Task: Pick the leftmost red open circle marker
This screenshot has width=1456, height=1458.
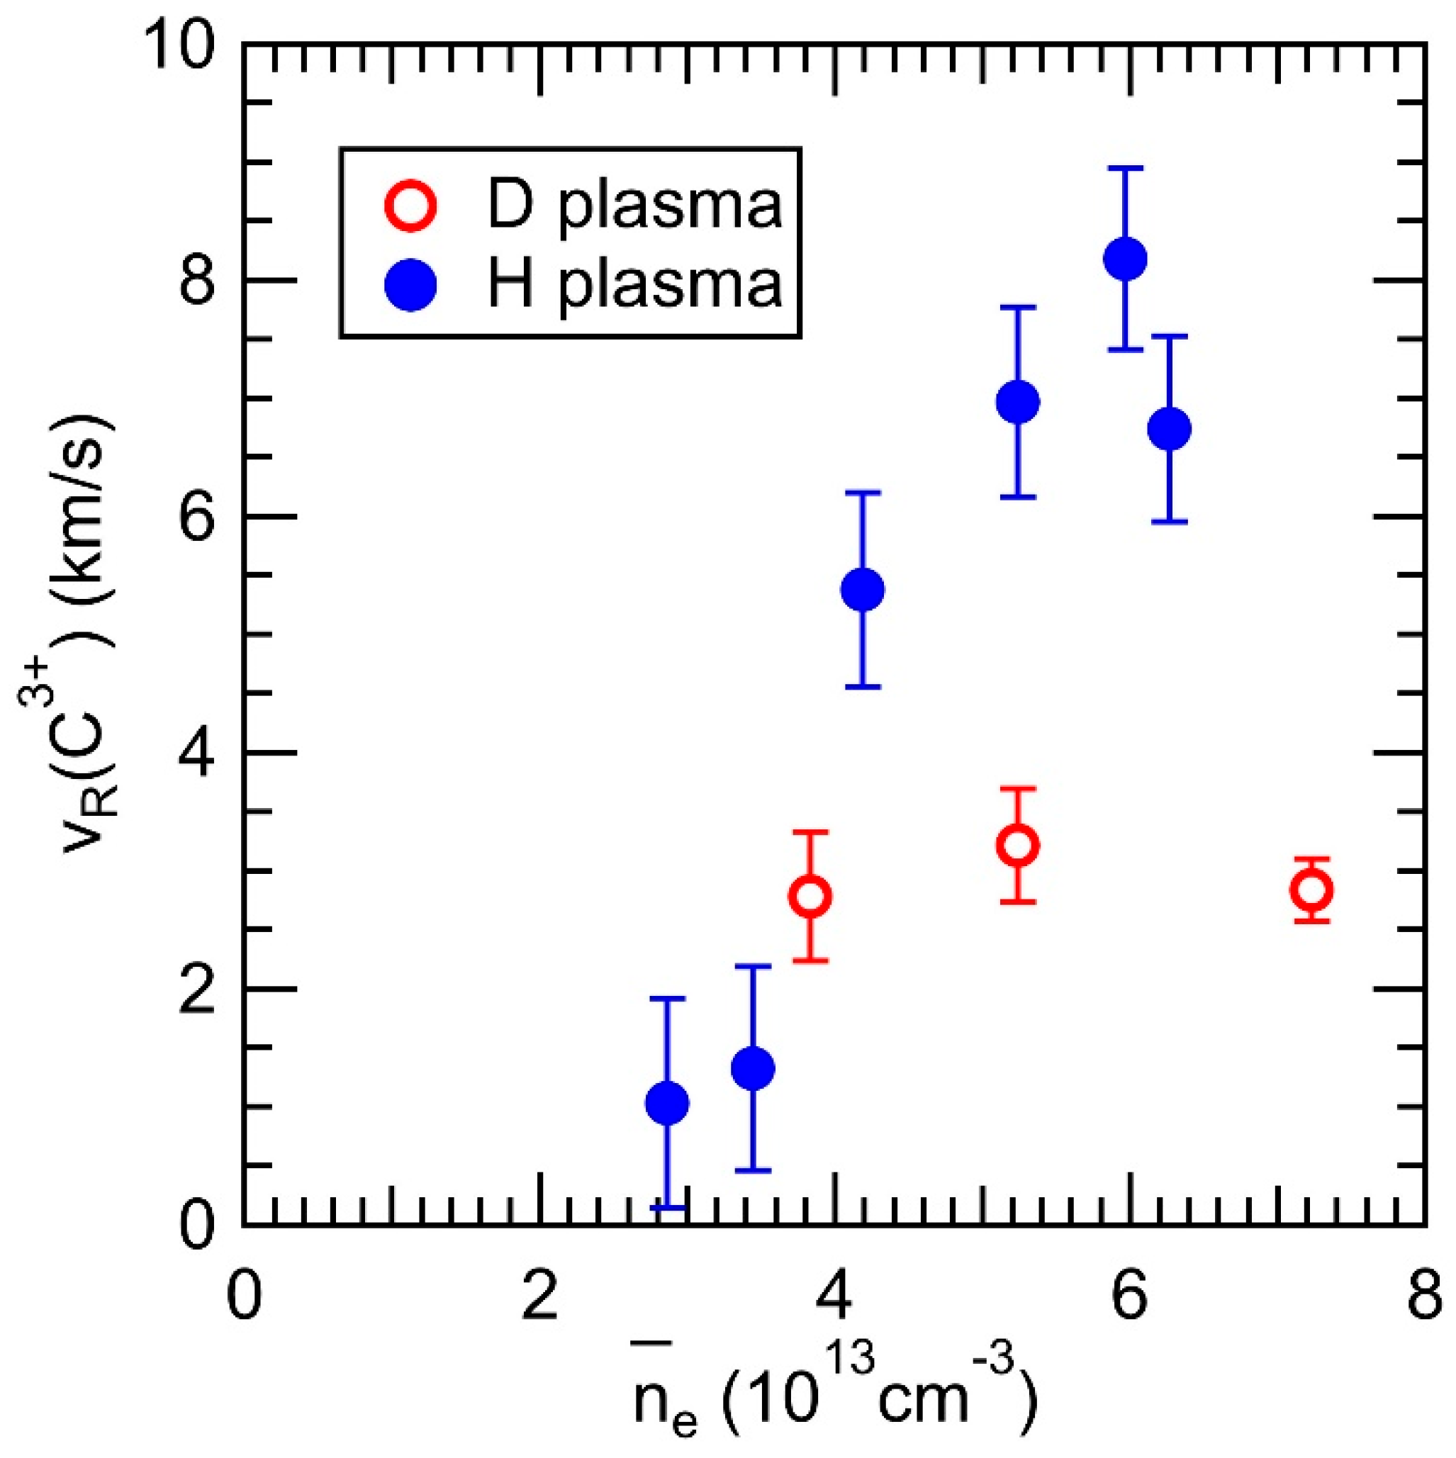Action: (809, 897)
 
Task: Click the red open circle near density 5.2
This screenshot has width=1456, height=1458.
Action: (1017, 845)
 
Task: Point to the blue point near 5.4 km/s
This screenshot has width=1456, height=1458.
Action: (862, 590)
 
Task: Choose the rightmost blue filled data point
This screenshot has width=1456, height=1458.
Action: (1169, 429)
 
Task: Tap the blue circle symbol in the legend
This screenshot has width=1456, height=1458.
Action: (410, 284)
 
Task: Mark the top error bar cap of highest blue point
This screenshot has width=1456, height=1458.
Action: (1126, 167)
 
